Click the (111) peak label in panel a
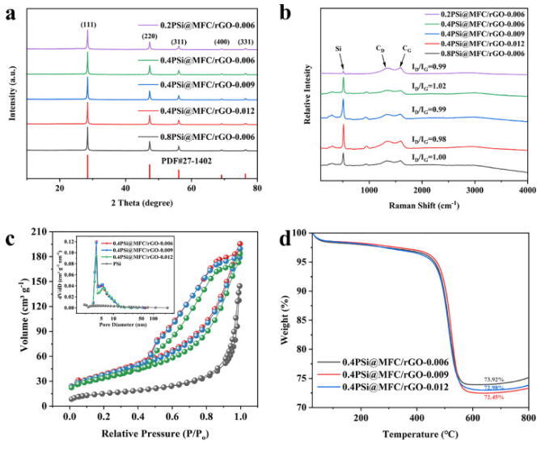click(87, 24)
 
